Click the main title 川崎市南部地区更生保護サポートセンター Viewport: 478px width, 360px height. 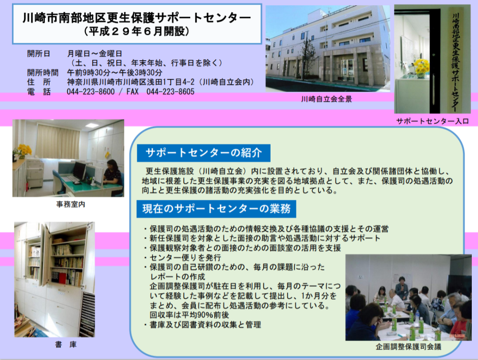[137, 18]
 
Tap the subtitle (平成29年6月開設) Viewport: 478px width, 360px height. [137, 32]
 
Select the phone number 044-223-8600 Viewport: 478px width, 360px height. [90, 91]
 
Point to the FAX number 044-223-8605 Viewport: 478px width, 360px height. [170, 91]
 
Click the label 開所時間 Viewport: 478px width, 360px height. [43, 73]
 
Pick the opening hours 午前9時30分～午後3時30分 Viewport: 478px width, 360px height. [115, 73]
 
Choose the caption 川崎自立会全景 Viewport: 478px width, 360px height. [326, 99]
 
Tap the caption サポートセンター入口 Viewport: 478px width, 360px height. [432, 121]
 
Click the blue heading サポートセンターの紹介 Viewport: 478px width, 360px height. [204, 153]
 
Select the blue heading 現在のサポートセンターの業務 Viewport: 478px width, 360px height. [216, 209]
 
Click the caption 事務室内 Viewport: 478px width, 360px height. [70, 204]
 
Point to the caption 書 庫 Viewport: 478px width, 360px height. [65, 344]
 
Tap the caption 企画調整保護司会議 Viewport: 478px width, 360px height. [409, 347]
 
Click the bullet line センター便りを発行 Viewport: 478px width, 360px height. [183, 258]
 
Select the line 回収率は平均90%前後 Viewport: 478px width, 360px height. [189, 315]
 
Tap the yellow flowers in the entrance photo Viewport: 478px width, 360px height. [421, 67]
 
